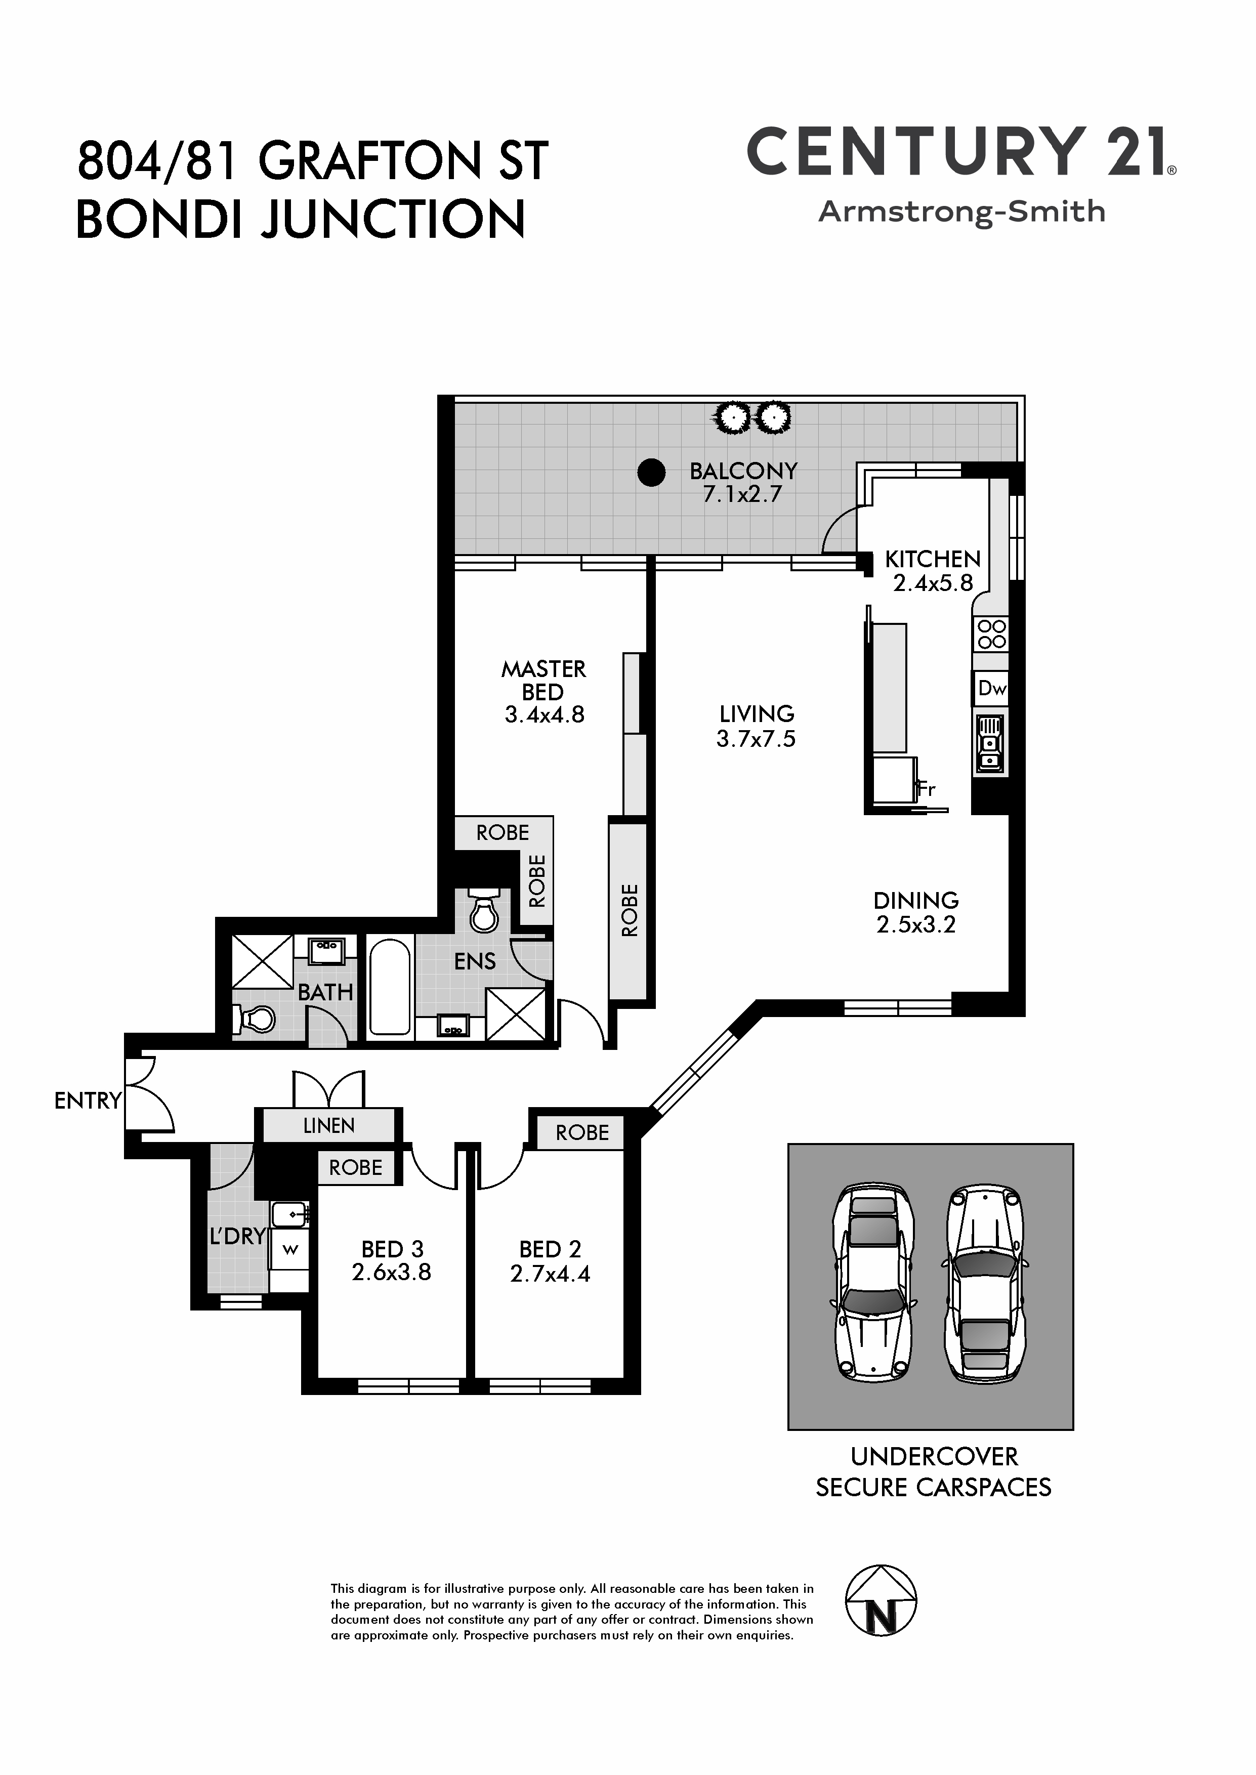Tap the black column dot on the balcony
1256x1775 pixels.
tap(651, 473)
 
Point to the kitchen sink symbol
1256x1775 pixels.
tap(990, 744)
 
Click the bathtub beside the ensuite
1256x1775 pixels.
tap(390, 987)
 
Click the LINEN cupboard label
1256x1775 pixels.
tap(329, 1126)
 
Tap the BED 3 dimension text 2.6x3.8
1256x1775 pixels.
tap(391, 1273)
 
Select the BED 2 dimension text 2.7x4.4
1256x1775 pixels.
tap(550, 1273)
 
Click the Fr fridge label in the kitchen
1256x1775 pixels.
tap(926, 789)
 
